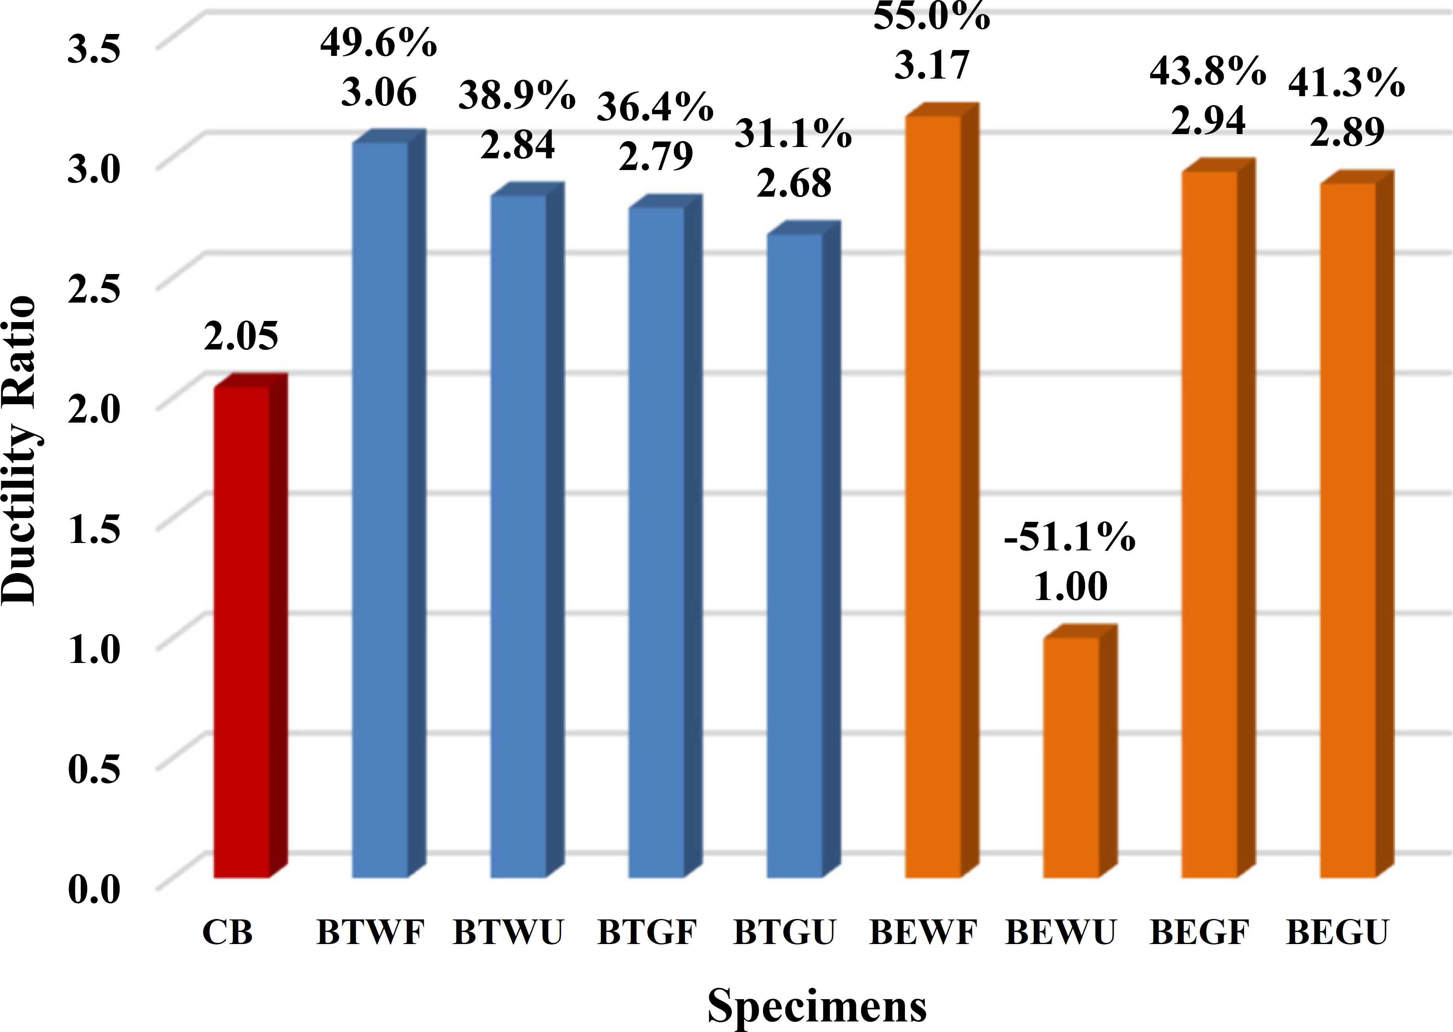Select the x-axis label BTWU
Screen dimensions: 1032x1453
pyautogui.click(x=508, y=933)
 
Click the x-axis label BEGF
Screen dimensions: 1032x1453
pyautogui.click(x=1199, y=933)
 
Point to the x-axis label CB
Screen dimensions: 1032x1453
pyautogui.click(x=227, y=933)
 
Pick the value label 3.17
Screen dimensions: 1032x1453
pyautogui.click(x=932, y=65)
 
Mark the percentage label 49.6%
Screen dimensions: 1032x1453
pyautogui.click(x=379, y=43)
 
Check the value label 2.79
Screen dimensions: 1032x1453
pyautogui.click(x=655, y=156)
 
